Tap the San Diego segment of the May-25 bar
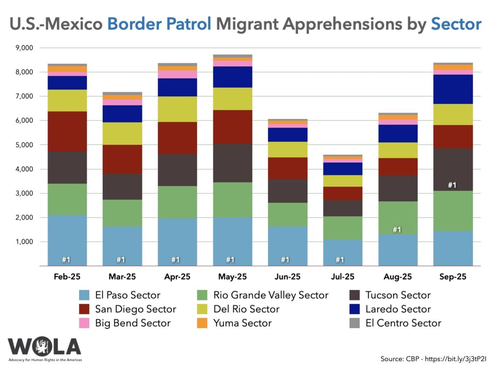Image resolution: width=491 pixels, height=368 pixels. [233, 127]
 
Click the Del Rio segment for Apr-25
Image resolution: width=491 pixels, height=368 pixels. [177, 109]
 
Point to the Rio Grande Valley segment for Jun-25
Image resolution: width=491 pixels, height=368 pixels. [287, 215]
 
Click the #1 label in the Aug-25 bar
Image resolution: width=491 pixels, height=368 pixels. [397, 230]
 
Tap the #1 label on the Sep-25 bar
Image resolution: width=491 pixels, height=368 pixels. [452, 185]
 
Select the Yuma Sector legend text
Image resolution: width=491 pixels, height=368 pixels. [243, 323]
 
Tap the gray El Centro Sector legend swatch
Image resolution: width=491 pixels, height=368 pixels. [355, 323]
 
